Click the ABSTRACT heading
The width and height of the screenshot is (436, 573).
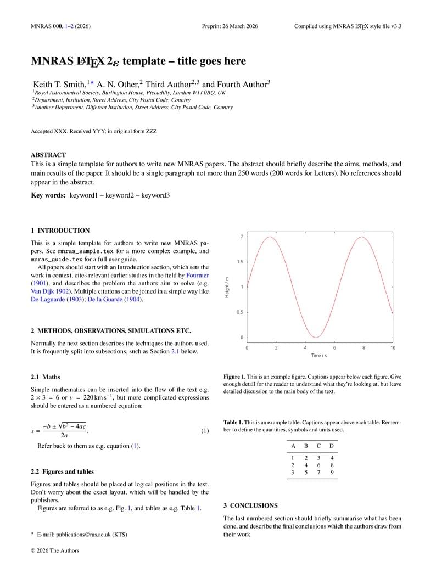pyautogui.click(x=48, y=155)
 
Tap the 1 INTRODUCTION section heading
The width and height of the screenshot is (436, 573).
pyautogui.click(x=60, y=231)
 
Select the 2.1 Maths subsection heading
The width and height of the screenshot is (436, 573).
pyautogui.click(x=46, y=377)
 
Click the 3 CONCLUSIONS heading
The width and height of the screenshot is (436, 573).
pyautogui.click(x=250, y=505)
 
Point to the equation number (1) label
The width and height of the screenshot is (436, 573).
pyautogui.click(x=204, y=431)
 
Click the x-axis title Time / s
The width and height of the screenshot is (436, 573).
pyautogui.click(x=319, y=356)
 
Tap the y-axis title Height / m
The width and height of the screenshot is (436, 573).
pyautogui.click(x=227, y=287)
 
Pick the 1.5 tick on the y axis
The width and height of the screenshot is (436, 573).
pyautogui.click(x=240, y=262)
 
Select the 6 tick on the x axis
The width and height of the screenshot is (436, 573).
pyautogui.click(x=334, y=348)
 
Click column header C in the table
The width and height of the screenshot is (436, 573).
pyautogui.click(x=318, y=446)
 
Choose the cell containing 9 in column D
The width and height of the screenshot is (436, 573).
pyautogui.click(x=332, y=472)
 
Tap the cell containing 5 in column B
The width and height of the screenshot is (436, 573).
pyautogui.click(x=306, y=472)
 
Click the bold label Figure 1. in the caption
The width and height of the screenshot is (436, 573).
pyautogui.click(x=234, y=377)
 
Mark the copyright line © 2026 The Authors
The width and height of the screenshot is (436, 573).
pyautogui.click(x=55, y=550)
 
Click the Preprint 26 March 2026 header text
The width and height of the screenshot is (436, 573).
pyautogui.click(x=230, y=26)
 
